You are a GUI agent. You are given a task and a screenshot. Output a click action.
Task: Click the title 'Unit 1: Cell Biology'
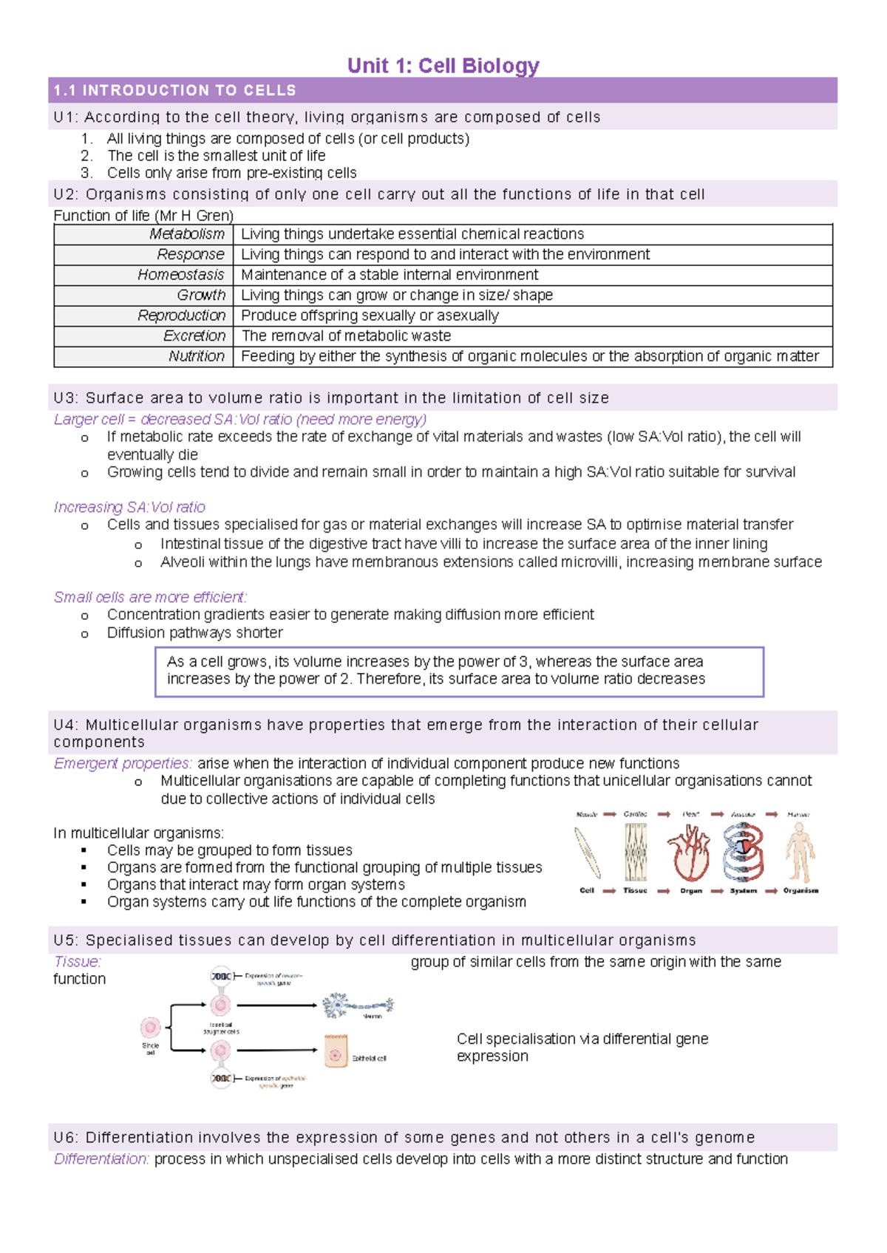coord(443,66)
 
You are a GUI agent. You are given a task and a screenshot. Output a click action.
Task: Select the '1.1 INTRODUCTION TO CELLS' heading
coord(174,91)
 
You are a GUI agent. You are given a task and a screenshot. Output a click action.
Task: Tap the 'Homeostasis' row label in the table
coord(180,275)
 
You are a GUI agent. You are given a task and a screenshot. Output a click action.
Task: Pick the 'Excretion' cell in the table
coord(194,336)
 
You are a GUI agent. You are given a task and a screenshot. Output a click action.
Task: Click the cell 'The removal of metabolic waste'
coord(346,336)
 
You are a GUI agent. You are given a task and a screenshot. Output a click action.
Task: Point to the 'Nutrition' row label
coord(196,356)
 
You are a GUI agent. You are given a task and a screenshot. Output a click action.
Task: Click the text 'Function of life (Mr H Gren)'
coord(143,216)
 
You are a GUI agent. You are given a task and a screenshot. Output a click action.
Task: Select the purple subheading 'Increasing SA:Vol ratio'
coord(129,508)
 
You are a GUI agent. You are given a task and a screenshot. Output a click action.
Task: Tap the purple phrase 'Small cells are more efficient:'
coord(150,597)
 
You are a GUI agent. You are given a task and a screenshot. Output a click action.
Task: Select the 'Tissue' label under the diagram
coord(635,891)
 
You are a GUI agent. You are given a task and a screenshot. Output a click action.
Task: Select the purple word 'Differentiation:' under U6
coord(101,1159)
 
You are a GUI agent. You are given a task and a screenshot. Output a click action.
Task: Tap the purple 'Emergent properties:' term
coord(123,763)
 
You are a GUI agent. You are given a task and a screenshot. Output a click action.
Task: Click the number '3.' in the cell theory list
coord(87,173)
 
